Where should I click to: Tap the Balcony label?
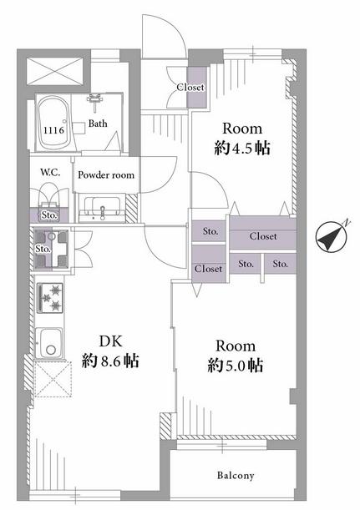tap(236, 476)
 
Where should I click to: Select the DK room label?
tap(110, 341)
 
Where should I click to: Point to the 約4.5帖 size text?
tap(242, 149)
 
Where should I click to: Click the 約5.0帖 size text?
tap(236, 366)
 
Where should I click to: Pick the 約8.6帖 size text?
tap(110, 361)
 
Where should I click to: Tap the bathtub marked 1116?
tap(53, 122)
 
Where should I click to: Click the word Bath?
tap(98, 124)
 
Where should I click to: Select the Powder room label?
tap(106, 175)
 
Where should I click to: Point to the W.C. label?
tap(50, 173)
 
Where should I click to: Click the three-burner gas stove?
tap(50, 298)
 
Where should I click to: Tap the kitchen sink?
tap(48, 343)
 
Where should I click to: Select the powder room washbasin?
tap(102, 209)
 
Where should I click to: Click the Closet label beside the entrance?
tap(190, 87)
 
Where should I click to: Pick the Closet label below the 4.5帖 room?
tap(263, 236)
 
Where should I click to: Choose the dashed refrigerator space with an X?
tap(53, 379)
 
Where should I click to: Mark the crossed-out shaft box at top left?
tap(54, 71)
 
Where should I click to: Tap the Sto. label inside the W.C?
tap(49, 215)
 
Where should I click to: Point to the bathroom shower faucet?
tap(94, 98)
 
